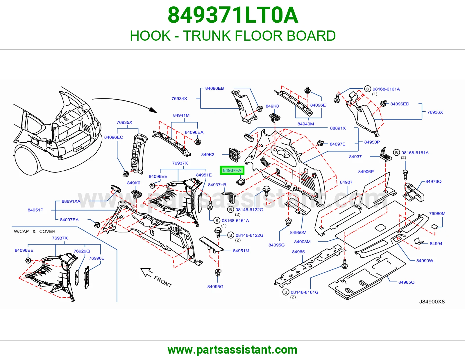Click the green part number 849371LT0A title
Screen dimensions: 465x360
click(x=233, y=15)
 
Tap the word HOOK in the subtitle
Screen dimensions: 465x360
click(x=150, y=36)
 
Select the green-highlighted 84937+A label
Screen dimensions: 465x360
click(x=232, y=170)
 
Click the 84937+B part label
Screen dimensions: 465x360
click(x=217, y=185)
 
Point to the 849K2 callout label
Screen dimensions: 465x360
click(x=208, y=154)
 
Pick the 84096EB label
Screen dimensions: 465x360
click(x=214, y=88)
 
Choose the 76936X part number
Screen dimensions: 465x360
click(x=435, y=112)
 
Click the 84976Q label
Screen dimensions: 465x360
click(x=433, y=181)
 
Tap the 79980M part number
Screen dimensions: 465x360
click(x=437, y=214)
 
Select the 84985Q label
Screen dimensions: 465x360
click(x=406, y=282)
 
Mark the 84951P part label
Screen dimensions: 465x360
click(x=35, y=210)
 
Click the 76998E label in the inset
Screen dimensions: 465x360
click(x=96, y=258)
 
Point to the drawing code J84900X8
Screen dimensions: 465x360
click(x=432, y=302)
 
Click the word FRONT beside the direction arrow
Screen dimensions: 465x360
click(x=163, y=282)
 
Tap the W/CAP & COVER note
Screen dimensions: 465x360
click(x=35, y=231)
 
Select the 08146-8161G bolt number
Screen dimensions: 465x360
click(x=305, y=292)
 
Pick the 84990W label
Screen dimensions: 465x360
click(x=425, y=261)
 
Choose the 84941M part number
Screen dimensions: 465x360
click(x=181, y=115)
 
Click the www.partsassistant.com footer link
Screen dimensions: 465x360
click(x=233, y=350)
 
